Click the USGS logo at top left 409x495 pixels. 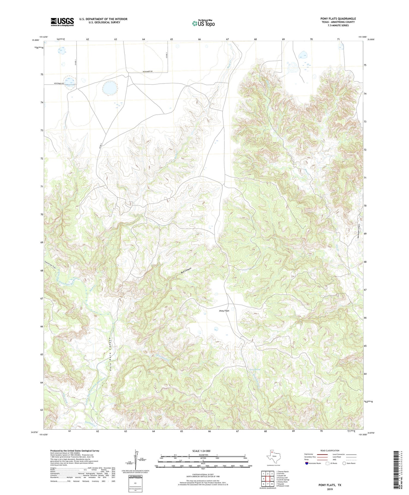point(62,22)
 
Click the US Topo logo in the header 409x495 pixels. point(203,23)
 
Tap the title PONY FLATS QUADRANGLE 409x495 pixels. point(338,19)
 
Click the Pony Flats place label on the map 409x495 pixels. point(224,311)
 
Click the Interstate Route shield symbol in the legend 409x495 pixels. point(306,463)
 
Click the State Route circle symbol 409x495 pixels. point(344,463)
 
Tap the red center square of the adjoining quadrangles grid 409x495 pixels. point(268,479)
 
